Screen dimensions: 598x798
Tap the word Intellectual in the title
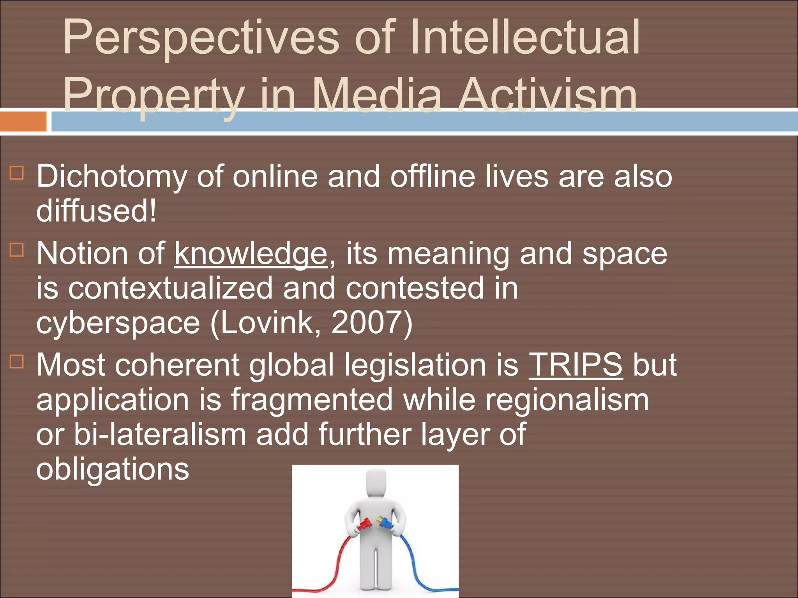point(524,37)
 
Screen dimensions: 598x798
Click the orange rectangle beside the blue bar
point(23,121)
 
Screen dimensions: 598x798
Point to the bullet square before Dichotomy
point(17,173)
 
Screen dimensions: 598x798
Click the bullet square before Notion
point(17,250)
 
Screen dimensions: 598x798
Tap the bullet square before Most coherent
point(17,361)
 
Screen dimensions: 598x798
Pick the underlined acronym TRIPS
point(576,365)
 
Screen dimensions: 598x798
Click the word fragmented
point(312,400)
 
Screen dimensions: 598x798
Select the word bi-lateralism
point(160,434)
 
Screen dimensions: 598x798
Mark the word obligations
point(113,469)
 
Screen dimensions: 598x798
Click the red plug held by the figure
point(364,524)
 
